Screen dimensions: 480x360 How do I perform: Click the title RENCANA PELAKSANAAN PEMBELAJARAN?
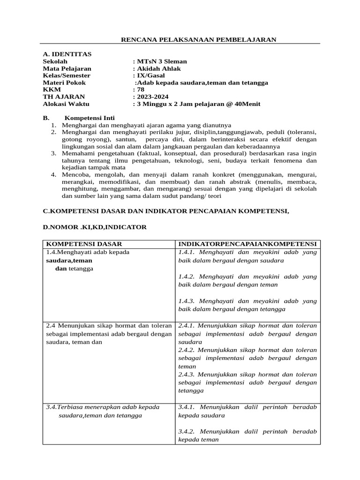click(x=199, y=39)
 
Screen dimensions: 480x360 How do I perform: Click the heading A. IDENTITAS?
click(x=67, y=54)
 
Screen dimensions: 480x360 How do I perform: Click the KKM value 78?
click(x=141, y=90)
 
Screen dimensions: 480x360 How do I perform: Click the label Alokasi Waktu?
click(x=66, y=104)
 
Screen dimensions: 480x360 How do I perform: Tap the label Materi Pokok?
click(x=64, y=82)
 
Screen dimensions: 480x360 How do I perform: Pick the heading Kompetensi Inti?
click(x=89, y=118)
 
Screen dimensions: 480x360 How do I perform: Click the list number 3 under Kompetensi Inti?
click(x=53, y=153)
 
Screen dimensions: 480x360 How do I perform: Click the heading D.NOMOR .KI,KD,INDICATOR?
click(x=95, y=227)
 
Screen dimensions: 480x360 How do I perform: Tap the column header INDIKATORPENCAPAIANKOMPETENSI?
click(x=247, y=244)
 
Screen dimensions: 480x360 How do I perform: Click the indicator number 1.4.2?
click(x=187, y=277)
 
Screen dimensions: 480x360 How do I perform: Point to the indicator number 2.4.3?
click(x=187, y=375)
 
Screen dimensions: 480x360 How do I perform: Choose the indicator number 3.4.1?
click(x=187, y=407)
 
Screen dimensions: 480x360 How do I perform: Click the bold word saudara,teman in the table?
click(x=69, y=260)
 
